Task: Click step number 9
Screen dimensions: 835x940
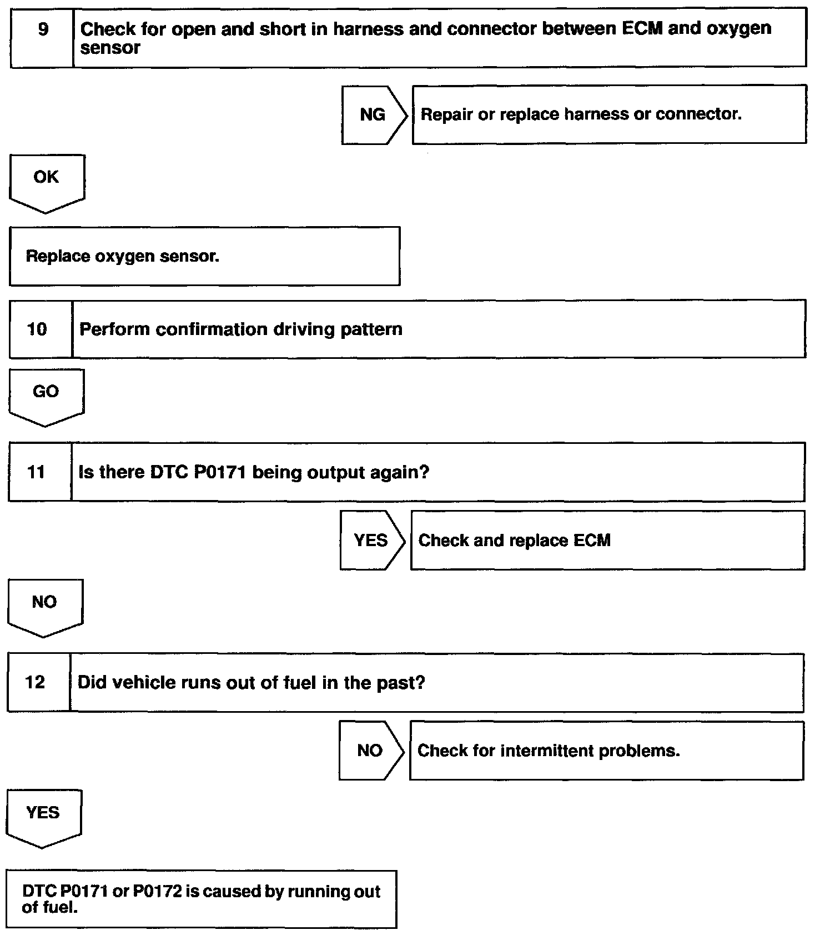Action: point(43,29)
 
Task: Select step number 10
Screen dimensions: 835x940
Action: point(37,329)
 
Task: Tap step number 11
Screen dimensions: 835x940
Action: point(36,472)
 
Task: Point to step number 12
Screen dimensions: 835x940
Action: point(35,682)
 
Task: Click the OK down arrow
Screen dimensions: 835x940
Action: point(47,184)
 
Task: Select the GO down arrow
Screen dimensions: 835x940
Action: point(46,398)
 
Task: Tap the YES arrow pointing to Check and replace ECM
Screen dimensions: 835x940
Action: point(373,541)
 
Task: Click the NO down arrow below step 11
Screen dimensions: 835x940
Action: point(45,608)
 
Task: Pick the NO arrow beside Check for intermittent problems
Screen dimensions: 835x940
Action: point(371,751)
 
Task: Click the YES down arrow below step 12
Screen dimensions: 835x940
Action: point(43,819)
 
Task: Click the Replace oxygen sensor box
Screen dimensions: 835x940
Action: point(204,256)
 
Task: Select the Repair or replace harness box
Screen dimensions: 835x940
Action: point(609,114)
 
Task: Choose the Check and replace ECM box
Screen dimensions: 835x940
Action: point(607,541)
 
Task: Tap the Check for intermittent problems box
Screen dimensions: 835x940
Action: point(606,751)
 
